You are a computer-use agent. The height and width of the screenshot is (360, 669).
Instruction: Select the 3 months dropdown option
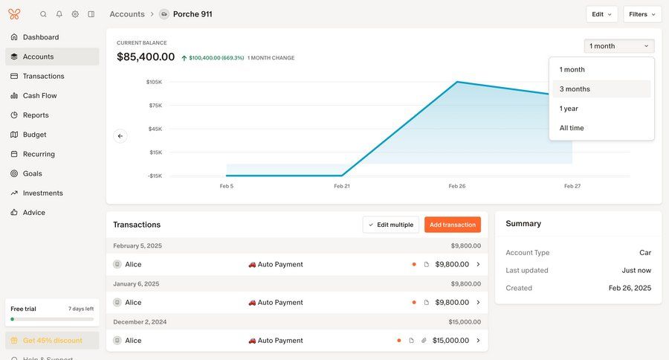pos(575,89)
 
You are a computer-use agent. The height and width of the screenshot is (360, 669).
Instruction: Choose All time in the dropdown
pos(572,128)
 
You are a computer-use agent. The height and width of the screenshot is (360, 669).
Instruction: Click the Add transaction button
pos(453,225)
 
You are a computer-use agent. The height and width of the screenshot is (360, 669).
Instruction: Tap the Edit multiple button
pos(391,225)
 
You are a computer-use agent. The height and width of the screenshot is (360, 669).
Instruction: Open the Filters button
pos(642,14)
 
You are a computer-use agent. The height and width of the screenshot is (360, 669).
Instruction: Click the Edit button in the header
pos(601,14)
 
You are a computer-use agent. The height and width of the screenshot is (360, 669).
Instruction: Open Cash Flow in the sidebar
pos(39,96)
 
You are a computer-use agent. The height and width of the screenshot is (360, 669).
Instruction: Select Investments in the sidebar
pos(42,193)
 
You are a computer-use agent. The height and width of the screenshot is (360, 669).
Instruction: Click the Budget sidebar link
pos(34,135)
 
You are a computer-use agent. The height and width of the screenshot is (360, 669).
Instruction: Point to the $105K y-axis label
pos(154,82)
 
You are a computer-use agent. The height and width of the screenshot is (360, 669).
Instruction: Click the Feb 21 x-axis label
pos(342,186)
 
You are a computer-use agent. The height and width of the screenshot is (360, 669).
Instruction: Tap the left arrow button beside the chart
pos(120,136)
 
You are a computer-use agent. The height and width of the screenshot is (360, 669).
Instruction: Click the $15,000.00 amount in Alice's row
pos(450,341)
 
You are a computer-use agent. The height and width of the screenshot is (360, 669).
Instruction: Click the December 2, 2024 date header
pos(140,321)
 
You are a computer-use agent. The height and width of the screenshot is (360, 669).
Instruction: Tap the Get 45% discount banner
pos(52,341)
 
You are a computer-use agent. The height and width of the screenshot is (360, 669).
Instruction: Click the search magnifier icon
pos(43,14)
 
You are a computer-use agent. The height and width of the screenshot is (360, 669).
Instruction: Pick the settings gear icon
pos(75,14)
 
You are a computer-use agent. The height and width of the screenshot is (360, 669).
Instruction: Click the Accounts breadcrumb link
pos(127,14)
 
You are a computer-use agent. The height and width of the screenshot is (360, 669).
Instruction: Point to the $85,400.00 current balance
pos(146,57)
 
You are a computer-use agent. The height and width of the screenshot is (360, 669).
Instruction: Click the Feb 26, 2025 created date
pos(630,288)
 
